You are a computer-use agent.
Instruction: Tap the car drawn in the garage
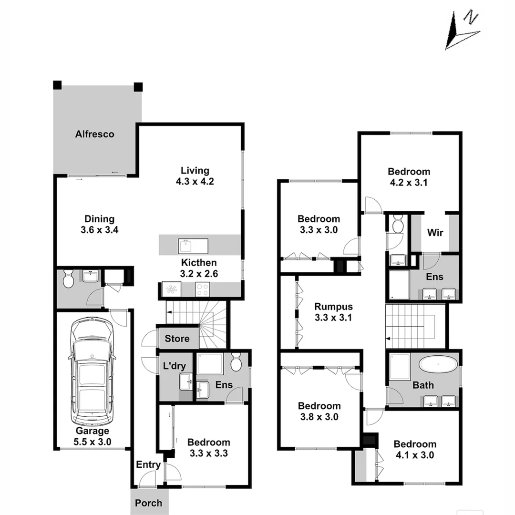point(93,372)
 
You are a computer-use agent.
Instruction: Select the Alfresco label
point(95,134)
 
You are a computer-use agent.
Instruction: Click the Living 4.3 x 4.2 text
point(195,175)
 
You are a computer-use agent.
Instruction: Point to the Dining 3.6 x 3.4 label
point(99,224)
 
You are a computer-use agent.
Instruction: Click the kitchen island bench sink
point(186,246)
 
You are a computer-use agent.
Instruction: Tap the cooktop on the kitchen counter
point(202,288)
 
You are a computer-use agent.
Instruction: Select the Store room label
point(177,339)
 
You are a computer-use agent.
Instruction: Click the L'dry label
point(175,367)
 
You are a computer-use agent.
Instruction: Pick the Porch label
point(148,503)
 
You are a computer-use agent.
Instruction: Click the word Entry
point(148,464)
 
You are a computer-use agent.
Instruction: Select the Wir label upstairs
point(435,233)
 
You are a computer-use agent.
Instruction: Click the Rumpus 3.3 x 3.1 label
point(333,312)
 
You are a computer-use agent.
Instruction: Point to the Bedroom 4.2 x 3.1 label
point(409,176)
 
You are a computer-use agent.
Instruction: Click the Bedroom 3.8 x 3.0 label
point(319,411)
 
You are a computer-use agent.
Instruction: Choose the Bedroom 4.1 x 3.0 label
point(414,449)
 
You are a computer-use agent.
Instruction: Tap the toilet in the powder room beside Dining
point(68,279)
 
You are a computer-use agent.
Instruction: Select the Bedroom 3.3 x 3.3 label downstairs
point(208,447)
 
